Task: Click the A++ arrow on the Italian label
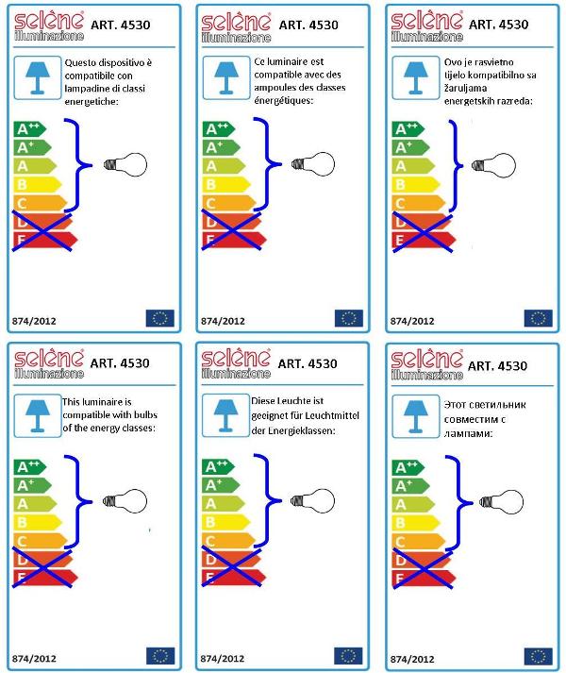tap(29, 128)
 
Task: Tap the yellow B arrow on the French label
tap(226, 185)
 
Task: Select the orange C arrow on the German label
tap(228, 541)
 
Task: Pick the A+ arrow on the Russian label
tap(410, 486)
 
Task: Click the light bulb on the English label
tap(125, 501)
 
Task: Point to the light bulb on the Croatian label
tap(493, 165)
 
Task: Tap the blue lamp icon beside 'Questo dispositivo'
tap(38, 77)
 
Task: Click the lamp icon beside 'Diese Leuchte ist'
tap(225, 415)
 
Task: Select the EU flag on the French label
tap(349, 318)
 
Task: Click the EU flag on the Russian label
tap(538, 656)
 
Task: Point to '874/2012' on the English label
tap(34, 659)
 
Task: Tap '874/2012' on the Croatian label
tap(412, 321)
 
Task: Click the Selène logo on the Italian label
tap(49, 26)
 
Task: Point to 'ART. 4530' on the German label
tap(308, 363)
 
